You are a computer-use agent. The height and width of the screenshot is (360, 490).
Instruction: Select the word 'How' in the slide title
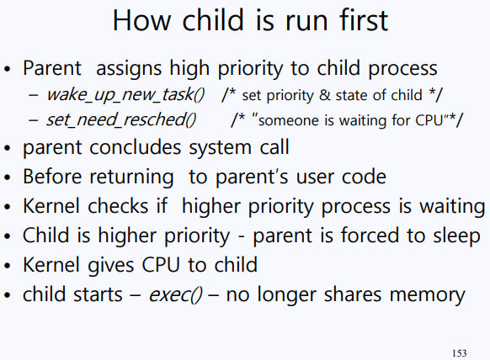(141, 20)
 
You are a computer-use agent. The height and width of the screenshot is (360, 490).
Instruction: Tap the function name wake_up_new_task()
(125, 94)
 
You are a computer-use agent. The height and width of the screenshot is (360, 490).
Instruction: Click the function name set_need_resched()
(121, 119)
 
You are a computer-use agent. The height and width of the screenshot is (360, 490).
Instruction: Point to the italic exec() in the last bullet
(175, 294)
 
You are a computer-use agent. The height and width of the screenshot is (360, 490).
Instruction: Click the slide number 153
(459, 353)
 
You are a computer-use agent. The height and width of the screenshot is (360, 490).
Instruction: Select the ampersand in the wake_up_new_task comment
(325, 95)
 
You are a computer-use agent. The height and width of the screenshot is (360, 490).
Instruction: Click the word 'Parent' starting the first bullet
(52, 68)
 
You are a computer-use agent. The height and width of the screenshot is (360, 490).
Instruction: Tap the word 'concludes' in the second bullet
(136, 147)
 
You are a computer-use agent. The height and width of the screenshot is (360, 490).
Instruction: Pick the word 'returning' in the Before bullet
(131, 177)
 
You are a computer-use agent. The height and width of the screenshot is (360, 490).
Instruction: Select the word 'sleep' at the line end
(456, 236)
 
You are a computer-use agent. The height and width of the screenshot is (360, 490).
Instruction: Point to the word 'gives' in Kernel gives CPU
(111, 266)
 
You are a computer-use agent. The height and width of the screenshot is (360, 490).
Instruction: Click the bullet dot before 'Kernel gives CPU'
(8, 266)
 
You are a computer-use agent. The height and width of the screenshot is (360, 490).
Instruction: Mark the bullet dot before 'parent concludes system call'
(8, 148)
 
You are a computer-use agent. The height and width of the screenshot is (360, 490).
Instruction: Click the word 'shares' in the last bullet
(353, 294)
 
